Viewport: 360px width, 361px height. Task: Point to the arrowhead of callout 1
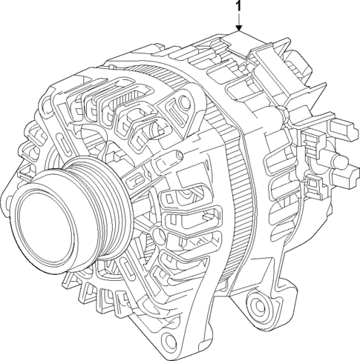click(x=238, y=30)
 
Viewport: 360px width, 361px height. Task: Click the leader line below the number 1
click(x=238, y=21)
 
